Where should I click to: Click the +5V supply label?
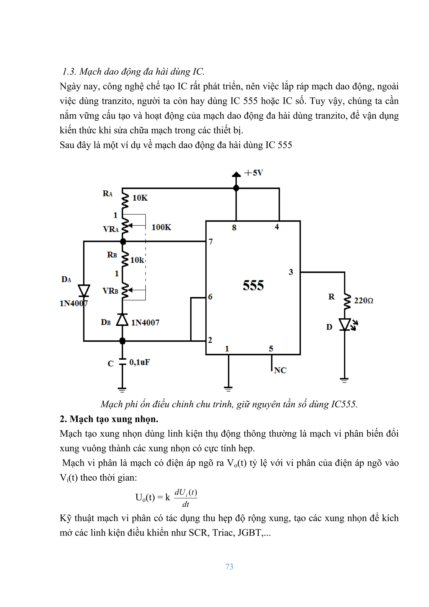pyautogui.click(x=253, y=173)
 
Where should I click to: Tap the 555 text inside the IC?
pyautogui.click(x=253, y=285)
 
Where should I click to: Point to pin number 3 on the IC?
pyautogui.click(x=291, y=272)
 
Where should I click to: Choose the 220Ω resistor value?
pyautogui.click(x=363, y=301)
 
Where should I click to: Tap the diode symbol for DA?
pyautogui.click(x=84, y=291)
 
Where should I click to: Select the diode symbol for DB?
pyautogui.click(x=122, y=320)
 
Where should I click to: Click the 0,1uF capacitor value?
pyautogui.click(x=139, y=362)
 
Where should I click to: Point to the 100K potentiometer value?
pyautogui.click(x=161, y=227)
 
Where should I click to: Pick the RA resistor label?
pyautogui.click(x=107, y=194)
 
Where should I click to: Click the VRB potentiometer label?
pyautogui.click(x=110, y=291)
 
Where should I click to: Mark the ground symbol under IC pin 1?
pyautogui.click(x=228, y=389)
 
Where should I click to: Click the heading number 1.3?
pyautogui.click(x=69, y=72)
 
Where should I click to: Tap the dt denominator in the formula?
pyautogui.click(x=186, y=504)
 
